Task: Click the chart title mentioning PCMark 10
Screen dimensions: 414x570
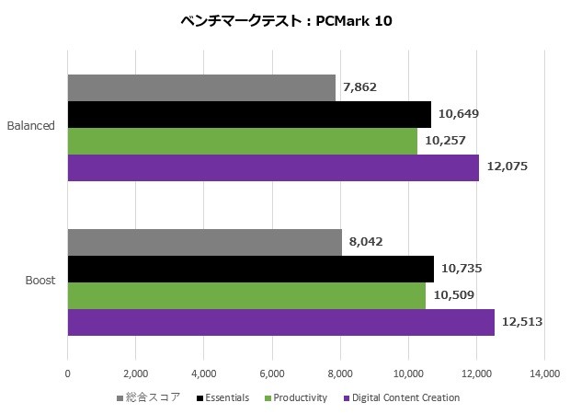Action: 286,21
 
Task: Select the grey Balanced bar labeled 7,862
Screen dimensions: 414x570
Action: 201,87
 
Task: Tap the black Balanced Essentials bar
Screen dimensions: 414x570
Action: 249,114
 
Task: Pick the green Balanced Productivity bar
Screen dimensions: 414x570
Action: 242,141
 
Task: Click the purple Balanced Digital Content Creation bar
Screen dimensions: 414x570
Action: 273,167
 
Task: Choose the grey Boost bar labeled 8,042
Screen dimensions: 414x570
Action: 204,242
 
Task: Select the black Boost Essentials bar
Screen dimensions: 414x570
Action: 250,269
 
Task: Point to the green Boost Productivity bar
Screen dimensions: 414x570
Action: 246,295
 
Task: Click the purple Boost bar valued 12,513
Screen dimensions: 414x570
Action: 280,322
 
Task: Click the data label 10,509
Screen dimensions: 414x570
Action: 454,295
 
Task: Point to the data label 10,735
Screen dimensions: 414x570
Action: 462,269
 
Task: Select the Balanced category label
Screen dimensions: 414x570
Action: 31,126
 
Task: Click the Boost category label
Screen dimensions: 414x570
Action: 40,281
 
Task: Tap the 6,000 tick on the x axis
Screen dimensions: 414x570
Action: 272,374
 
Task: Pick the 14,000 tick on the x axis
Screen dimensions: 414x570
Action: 544,374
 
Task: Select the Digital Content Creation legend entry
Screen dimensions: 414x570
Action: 405,397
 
